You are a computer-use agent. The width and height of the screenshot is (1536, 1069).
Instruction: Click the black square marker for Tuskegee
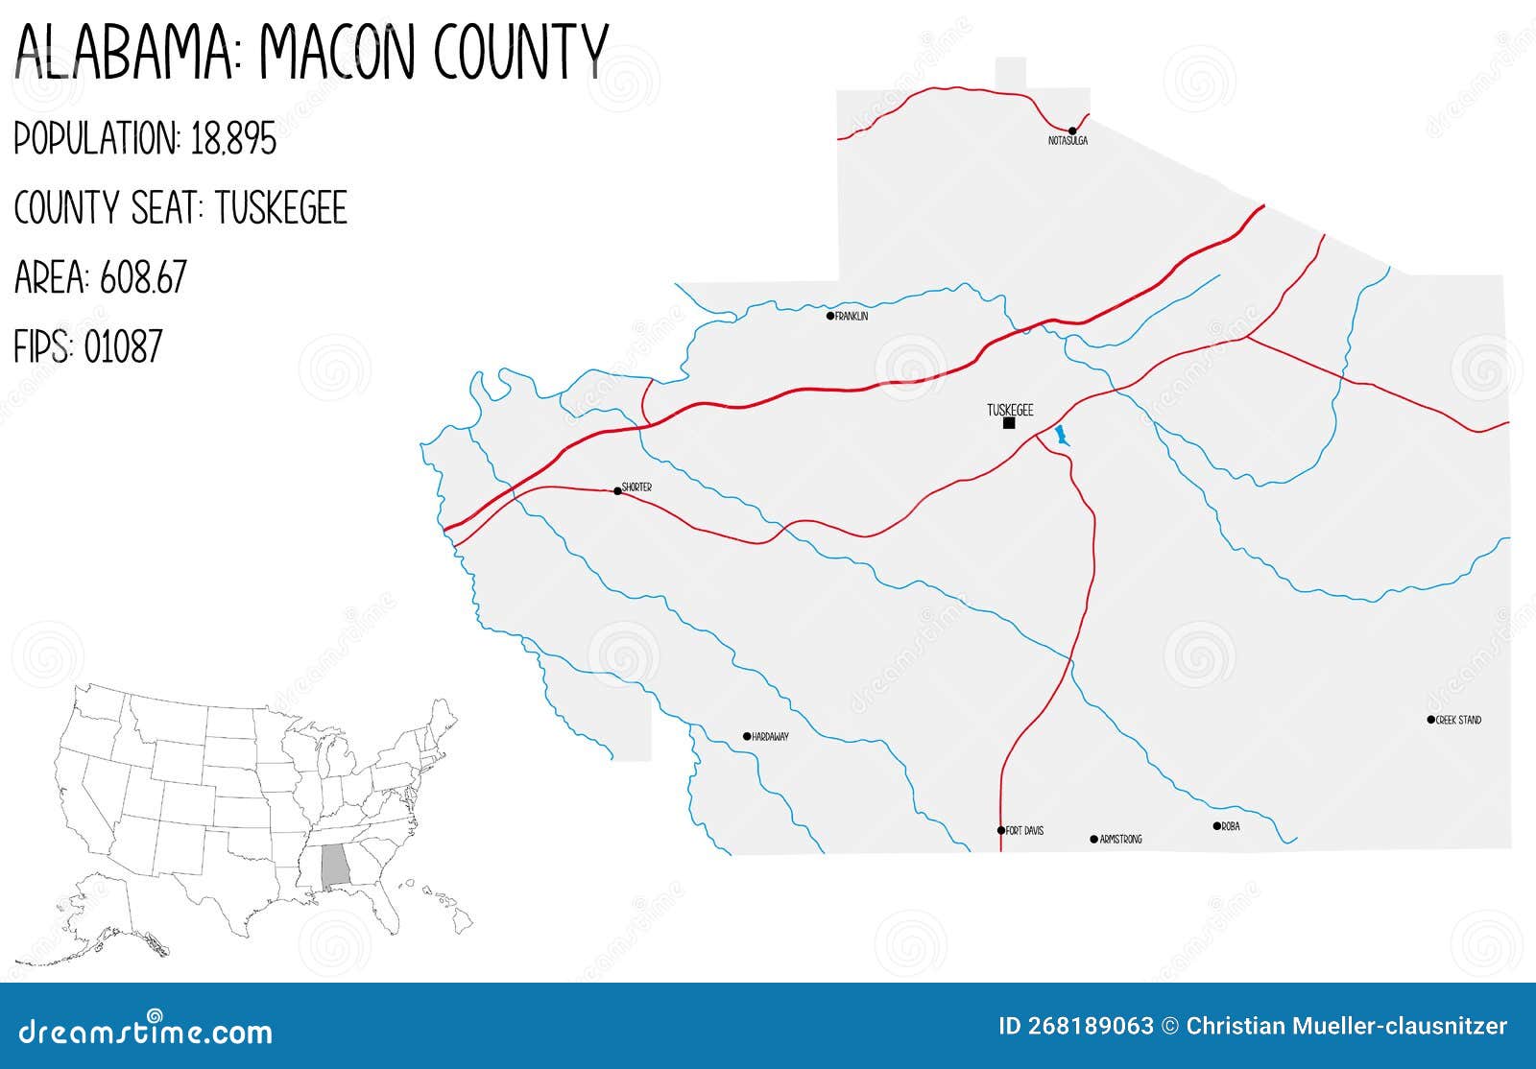tap(1009, 423)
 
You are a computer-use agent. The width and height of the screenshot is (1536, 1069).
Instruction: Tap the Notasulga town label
tap(1068, 141)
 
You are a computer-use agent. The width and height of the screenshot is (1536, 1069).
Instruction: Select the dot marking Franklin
tap(830, 316)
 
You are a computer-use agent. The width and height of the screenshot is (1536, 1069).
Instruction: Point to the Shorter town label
tap(636, 487)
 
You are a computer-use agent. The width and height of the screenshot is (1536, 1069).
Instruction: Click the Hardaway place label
tap(770, 737)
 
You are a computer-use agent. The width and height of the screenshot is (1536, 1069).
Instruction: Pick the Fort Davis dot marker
tap(1001, 831)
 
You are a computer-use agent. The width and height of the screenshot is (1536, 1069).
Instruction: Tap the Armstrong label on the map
tap(1120, 840)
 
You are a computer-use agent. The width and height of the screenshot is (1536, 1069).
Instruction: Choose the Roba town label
tap(1230, 826)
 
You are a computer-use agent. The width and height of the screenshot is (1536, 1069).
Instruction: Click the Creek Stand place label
tap(1458, 720)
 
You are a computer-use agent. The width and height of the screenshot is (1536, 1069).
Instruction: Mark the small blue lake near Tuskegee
tap(1061, 437)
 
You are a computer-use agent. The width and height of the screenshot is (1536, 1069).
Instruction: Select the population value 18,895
tap(233, 139)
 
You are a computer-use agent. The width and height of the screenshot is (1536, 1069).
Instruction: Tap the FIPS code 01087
tap(123, 346)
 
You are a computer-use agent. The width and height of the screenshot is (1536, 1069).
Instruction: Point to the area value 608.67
tap(142, 278)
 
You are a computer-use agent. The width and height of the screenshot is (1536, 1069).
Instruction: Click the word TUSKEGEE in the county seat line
tap(280, 208)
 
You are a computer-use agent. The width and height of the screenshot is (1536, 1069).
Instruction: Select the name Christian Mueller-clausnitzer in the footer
tap(1346, 1026)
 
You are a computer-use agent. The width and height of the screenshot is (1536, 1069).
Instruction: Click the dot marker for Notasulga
tap(1072, 131)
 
